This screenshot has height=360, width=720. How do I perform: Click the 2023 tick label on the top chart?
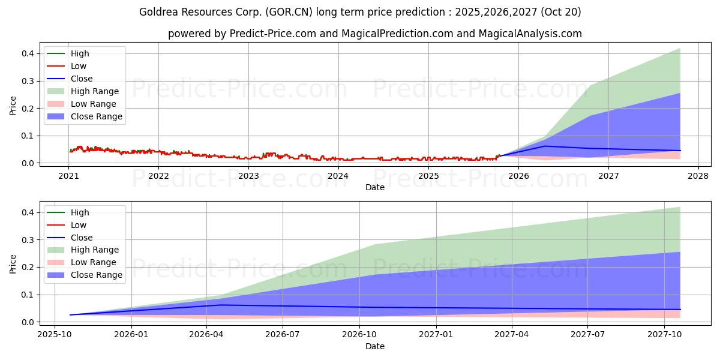click(x=248, y=176)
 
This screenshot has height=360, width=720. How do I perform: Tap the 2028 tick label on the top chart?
click(x=698, y=176)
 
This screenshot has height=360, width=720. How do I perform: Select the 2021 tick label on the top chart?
click(x=69, y=176)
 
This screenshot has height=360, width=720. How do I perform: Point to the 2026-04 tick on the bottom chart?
click(x=206, y=335)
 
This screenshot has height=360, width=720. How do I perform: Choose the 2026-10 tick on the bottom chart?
click(x=359, y=335)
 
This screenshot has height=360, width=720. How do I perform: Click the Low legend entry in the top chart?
click(x=79, y=66)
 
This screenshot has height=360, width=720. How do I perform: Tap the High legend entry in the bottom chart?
click(x=80, y=212)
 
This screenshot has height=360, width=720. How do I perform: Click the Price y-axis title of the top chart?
click(x=13, y=106)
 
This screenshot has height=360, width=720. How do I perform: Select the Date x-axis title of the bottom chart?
click(x=375, y=346)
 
